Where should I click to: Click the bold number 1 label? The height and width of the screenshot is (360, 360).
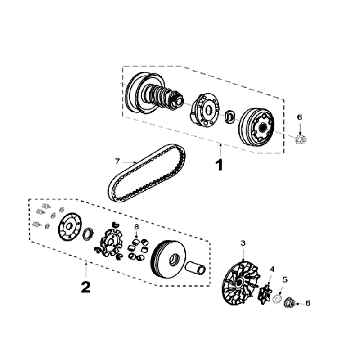tap(220, 165)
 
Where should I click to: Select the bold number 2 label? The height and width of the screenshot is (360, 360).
tap(86, 287)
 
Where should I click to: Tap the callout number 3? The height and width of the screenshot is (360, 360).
tap(243, 243)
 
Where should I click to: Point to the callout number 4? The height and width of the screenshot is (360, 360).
tap(272, 269)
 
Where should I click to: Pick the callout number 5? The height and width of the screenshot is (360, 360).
tap(285, 280)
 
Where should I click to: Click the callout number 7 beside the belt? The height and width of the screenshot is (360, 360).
tap(117, 161)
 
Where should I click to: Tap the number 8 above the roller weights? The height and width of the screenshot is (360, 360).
tap(136, 227)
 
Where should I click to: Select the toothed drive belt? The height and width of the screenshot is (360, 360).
tap(147, 173)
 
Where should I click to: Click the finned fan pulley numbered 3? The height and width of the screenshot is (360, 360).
tap(239, 282)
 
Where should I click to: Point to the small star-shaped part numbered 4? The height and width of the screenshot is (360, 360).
tap(265, 294)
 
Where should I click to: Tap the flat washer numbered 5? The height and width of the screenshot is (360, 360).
tap(277, 299)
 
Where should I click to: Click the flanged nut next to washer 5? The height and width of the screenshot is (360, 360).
tap(289, 303)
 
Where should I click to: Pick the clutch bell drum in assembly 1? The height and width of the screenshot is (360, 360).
tap(257, 127)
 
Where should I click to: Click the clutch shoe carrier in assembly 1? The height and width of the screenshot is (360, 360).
tap(204, 110)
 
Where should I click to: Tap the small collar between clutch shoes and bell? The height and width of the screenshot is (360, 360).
tap(230, 116)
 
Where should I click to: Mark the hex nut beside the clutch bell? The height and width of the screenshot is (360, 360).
tap(301, 139)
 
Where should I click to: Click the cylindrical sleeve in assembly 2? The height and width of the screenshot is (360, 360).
tap(196, 268)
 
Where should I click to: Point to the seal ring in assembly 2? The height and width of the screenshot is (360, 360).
tap(88, 233)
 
